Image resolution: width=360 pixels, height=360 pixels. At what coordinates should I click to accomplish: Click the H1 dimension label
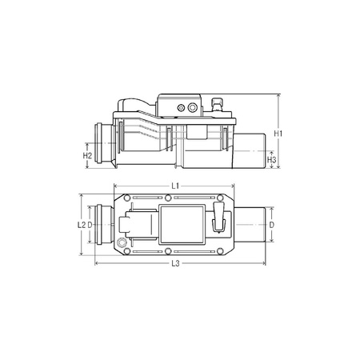pos(278,131)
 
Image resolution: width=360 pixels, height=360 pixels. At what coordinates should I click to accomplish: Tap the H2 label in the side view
pos(88,154)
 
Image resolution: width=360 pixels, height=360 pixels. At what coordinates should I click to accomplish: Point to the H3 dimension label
pos(272,160)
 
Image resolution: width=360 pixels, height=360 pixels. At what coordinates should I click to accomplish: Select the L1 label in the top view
pos(174,186)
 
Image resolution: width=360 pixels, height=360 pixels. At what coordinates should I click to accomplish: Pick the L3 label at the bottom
pos(174,264)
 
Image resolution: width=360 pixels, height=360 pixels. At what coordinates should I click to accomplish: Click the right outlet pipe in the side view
pos(251,154)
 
